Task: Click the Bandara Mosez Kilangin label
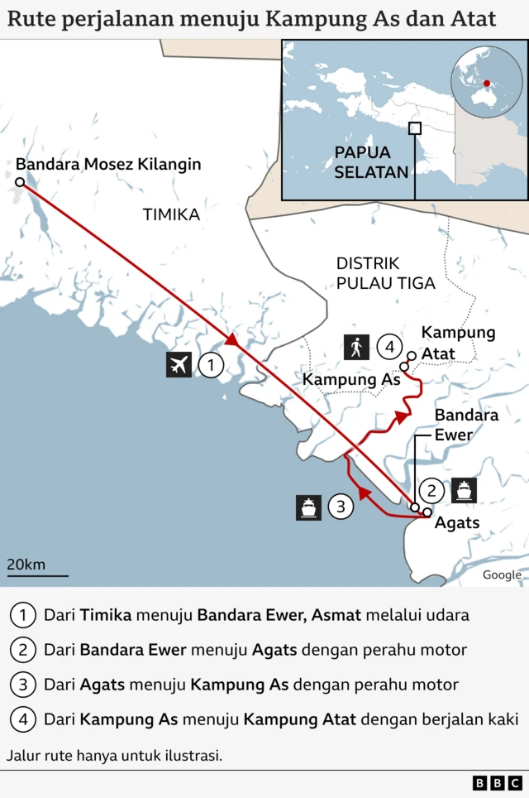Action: [x=108, y=164]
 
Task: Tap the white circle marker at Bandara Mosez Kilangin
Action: [x=20, y=181]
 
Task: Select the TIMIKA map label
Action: [x=171, y=214]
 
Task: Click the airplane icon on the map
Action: [x=179, y=364]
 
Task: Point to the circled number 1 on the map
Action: [x=211, y=364]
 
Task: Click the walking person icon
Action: [x=356, y=347]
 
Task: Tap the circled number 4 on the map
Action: [x=389, y=347]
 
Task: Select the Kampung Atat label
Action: [x=458, y=343]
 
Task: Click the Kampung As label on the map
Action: [x=351, y=379]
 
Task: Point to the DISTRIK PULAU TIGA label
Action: [x=385, y=273]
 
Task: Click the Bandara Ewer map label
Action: [x=466, y=425]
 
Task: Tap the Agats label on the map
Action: [x=457, y=522]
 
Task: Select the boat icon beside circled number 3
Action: [x=309, y=507]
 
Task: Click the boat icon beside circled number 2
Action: [x=464, y=490]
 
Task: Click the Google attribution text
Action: [x=502, y=574]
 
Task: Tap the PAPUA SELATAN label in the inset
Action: [x=371, y=162]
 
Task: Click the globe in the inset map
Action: [x=487, y=83]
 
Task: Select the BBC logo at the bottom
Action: [x=498, y=782]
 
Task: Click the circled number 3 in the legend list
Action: [x=22, y=685]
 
